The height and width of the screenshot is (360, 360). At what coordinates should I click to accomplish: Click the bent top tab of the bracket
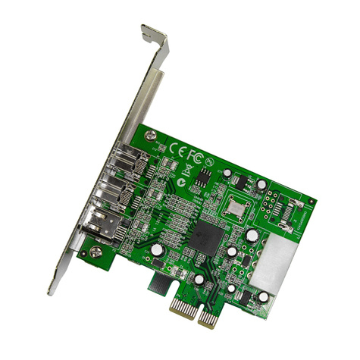155,36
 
